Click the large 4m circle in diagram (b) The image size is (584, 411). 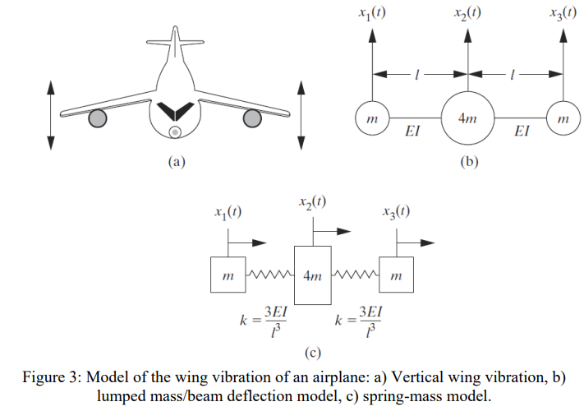[468, 118]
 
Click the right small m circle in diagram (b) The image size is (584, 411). [563, 119]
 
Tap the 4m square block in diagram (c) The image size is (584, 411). [312, 275]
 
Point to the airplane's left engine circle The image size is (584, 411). [98, 119]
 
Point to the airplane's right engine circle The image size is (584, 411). [251, 119]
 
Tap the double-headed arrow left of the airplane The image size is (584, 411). [51, 114]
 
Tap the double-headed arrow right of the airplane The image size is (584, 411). [301, 114]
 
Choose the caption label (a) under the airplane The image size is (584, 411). [175, 162]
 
